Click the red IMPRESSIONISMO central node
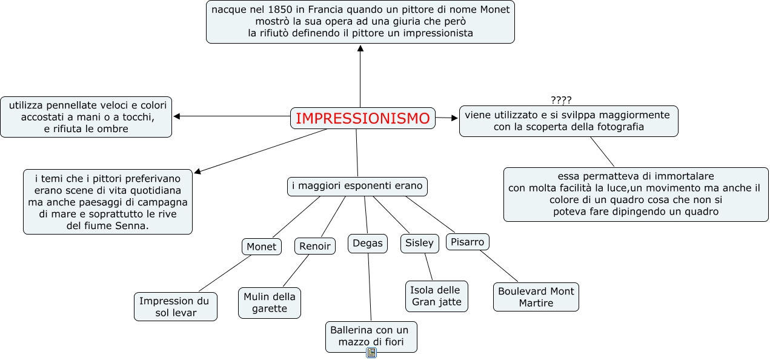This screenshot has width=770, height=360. tap(363, 118)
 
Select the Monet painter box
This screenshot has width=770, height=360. tap(262, 247)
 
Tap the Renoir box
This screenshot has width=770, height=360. tap(315, 245)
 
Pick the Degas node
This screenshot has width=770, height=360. tap(368, 243)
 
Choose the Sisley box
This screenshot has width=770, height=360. tap(419, 243)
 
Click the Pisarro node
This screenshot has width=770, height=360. tap(468, 242)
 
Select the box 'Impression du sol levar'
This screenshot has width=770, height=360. tap(175, 307)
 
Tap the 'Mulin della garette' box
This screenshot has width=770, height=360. tap(270, 302)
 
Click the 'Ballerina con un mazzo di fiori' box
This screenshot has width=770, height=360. tap(371, 336)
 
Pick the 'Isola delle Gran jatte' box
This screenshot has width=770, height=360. tap(436, 296)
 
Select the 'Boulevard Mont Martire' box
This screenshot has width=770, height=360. tap(536, 297)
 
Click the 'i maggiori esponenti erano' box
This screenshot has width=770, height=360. tap(357, 186)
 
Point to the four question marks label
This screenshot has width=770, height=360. tap(561, 100)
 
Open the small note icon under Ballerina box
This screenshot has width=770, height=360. tap(371, 353)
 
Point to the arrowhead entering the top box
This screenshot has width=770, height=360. tap(360, 48)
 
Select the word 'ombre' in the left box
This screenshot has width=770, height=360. tap(113, 128)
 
